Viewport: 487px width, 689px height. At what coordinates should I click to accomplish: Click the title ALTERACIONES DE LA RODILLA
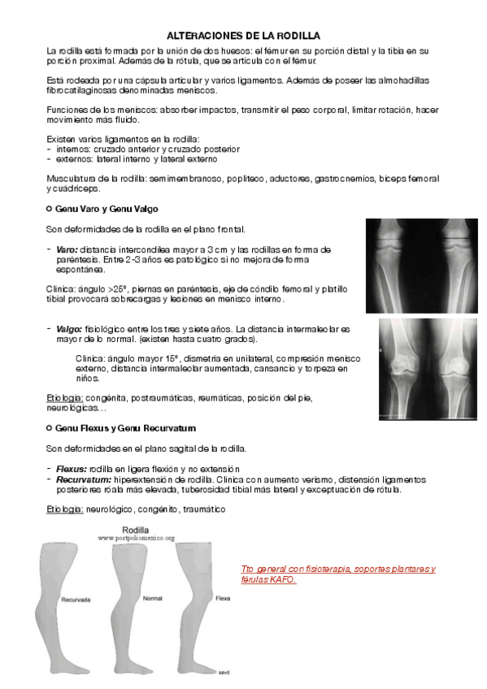point(243,36)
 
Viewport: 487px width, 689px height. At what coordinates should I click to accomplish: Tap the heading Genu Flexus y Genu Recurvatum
point(124,427)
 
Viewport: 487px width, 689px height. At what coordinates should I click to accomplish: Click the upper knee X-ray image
point(420,258)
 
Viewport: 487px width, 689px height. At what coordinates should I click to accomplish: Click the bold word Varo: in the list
point(68,249)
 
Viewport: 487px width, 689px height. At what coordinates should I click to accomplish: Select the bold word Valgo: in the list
point(70,329)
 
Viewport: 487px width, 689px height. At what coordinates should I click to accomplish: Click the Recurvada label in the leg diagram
point(75,599)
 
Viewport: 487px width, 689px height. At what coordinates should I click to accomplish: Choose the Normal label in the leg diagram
point(153,598)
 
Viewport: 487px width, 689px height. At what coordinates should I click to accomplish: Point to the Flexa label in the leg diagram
point(223,597)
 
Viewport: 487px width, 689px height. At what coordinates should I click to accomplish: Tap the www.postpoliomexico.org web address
point(137,539)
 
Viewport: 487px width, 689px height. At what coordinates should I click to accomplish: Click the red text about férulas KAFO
point(338,574)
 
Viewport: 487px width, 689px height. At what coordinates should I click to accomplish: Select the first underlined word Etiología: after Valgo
point(65,398)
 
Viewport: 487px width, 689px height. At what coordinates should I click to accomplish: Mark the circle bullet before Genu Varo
point(50,210)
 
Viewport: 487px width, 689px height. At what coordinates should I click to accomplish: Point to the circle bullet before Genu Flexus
point(50,427)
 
